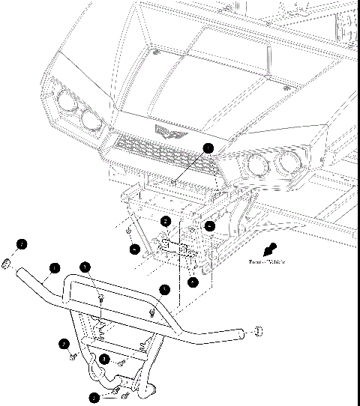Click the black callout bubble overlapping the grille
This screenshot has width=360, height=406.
[x=208, y=148]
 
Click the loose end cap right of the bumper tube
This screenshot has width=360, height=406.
[x=257, y=330]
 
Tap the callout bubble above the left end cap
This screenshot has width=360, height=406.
[x=22, y=244]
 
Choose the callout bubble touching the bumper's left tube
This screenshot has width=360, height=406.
[x=54, y=267]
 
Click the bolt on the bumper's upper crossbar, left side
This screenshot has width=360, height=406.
[x=100, y=300]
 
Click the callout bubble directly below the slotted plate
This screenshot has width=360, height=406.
[x=193, y=282]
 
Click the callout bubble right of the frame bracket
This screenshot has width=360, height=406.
[x=211, y=225]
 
